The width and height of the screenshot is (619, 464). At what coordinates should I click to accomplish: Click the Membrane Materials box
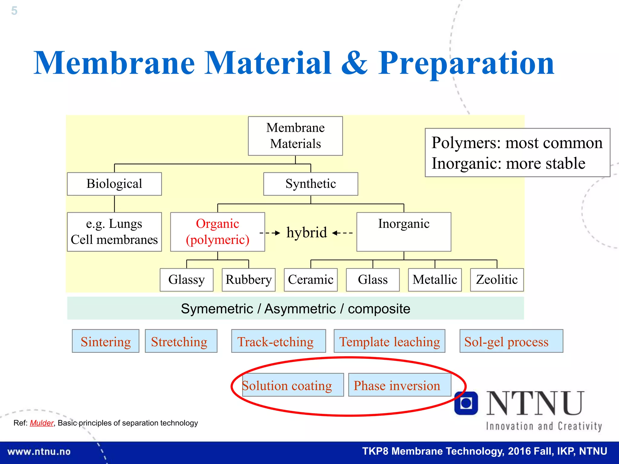click(x=295, y=136)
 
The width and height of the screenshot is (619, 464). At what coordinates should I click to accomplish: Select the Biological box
click(x=114, y=184)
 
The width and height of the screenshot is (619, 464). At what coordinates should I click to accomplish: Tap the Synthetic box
click(x=310, y=184)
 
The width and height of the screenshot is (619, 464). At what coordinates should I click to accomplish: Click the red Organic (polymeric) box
click(x=217, y=232)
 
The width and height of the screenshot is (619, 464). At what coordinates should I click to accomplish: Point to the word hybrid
click(x=307, y=233)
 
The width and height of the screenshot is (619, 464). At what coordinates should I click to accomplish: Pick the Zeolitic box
click(x=497, y=280)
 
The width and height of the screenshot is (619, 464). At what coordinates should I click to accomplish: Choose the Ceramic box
click(x=310, y=280)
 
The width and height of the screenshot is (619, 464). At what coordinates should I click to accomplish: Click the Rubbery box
click(x=248, y=280)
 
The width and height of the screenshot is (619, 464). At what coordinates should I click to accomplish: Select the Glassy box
click(x=186, y=280)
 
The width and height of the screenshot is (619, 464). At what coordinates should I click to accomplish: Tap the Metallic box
click(x=435, y=280)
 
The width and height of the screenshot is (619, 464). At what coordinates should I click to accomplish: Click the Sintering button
click(x=105, y=341)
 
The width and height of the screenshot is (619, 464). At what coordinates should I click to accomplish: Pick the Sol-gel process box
click(x=511, y=341)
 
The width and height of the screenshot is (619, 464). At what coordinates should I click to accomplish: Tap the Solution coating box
click(x=293, y=385)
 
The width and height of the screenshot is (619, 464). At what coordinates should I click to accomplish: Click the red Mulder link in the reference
click(x=42, y=423)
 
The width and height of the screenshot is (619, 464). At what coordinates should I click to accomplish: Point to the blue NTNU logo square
click(x=466, y=403)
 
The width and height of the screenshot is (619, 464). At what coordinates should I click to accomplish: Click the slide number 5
click(x=14, y=11)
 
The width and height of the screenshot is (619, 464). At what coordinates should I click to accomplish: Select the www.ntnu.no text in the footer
click(x=39, y=452)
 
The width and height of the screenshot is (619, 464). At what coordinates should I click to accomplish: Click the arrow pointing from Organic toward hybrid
click(x=270, y=233)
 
